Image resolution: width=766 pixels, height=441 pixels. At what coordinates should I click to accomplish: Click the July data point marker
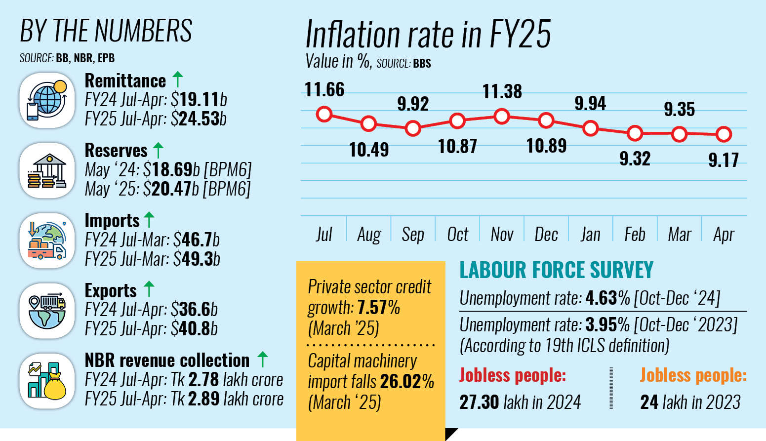click(324, 115)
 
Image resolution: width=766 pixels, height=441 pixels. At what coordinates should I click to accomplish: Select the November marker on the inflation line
click(502, 117)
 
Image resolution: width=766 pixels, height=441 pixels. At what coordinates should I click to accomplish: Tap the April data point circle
click(724, 134)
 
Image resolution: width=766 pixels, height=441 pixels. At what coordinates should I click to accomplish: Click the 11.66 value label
click(324, 90)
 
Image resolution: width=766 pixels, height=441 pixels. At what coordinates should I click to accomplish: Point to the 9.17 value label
click(724, 160)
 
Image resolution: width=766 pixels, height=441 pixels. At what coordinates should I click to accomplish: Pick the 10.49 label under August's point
click(369, 150)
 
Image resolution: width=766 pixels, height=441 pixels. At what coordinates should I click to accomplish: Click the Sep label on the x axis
click(413, 234)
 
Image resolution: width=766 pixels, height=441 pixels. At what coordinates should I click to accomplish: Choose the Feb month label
click(635, 234)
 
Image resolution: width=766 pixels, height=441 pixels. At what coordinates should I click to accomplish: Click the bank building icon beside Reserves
click(47, 171)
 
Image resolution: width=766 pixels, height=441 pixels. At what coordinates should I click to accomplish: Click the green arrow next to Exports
click(149, 289)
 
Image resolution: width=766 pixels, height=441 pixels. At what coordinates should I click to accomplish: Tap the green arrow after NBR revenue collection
click(263, 359)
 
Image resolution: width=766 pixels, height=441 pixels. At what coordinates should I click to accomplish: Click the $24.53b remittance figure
click(202, 119)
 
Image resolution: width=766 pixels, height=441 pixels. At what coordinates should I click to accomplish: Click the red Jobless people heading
click(513, 375)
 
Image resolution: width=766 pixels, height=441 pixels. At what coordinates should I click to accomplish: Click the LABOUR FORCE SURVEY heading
click(556, 270)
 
